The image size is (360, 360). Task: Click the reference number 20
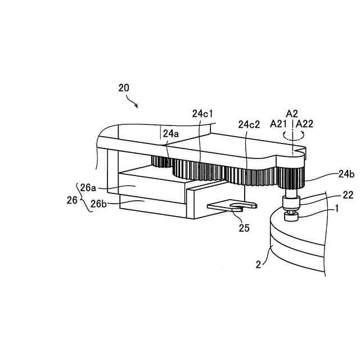[124, 88]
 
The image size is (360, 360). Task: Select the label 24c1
[202, 114]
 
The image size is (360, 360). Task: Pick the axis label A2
[291, 113]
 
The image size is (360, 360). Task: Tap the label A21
[280, 124]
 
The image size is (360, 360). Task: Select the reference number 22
[333, 195]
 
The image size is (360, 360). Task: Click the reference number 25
[244, 228]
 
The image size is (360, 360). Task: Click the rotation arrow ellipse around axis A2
[292, 134]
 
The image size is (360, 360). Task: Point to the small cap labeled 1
[291, 215]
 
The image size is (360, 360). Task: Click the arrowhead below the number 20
[137, 105]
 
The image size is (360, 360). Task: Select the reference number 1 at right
[336, 208]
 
